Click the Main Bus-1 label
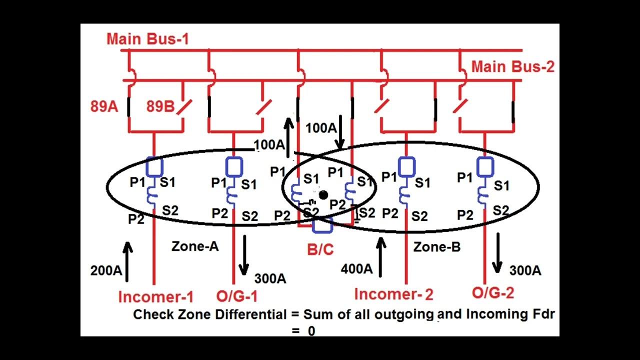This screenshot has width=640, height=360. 147,39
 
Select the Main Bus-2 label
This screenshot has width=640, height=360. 513,67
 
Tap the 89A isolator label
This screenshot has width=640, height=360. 104,106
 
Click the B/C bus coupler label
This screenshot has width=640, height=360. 320,249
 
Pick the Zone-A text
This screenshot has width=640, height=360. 195,246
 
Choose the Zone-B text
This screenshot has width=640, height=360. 437,246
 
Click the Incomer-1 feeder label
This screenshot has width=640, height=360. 155,297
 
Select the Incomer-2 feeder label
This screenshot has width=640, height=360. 393,294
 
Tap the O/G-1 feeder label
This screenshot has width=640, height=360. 237,296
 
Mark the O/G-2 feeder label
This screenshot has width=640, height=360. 492,293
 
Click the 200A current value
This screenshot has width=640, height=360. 106,270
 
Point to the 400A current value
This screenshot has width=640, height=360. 356,269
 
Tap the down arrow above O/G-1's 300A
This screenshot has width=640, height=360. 243,255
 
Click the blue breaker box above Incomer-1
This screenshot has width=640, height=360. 153,165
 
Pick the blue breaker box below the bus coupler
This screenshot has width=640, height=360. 322,225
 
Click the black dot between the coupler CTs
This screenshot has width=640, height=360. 323,195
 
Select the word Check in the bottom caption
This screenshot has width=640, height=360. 152,314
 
